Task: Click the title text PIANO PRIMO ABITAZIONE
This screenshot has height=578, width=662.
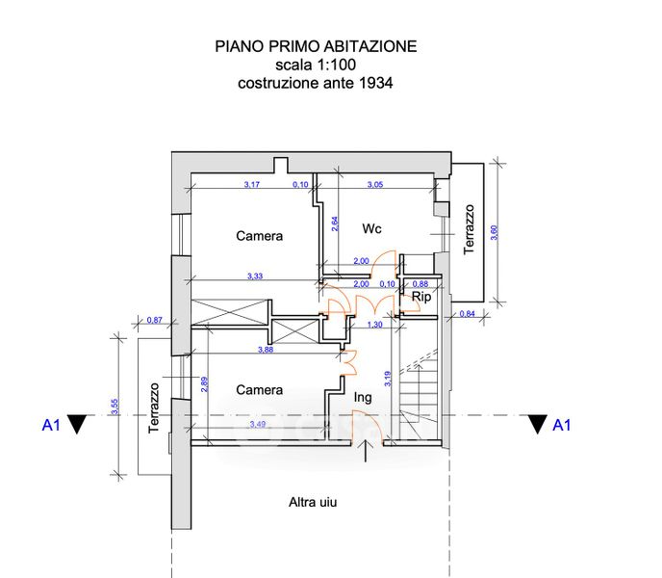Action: [x=316, y=46]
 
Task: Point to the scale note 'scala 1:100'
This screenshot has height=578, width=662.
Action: [x=316, y=65]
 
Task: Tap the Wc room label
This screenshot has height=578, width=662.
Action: [x=372, y=228]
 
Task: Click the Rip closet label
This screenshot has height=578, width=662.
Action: [x=420, y=298]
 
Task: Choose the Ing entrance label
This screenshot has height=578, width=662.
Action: [x=363, y=397]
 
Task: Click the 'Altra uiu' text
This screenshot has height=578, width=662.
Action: [x=313, y=502]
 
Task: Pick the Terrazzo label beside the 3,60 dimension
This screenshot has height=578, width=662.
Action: [x=470, y=228]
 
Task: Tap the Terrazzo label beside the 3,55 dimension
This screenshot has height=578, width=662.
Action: [x=154, y=408]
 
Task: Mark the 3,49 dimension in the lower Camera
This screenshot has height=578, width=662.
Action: [x=257, y=424]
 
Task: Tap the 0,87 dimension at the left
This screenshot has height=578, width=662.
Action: [x=154, y=320]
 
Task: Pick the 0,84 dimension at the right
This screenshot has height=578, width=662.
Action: [x=467, y=314]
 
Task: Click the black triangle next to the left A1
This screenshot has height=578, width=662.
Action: [x=79, y=424]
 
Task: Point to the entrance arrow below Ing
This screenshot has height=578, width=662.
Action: [x=366, y=452]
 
